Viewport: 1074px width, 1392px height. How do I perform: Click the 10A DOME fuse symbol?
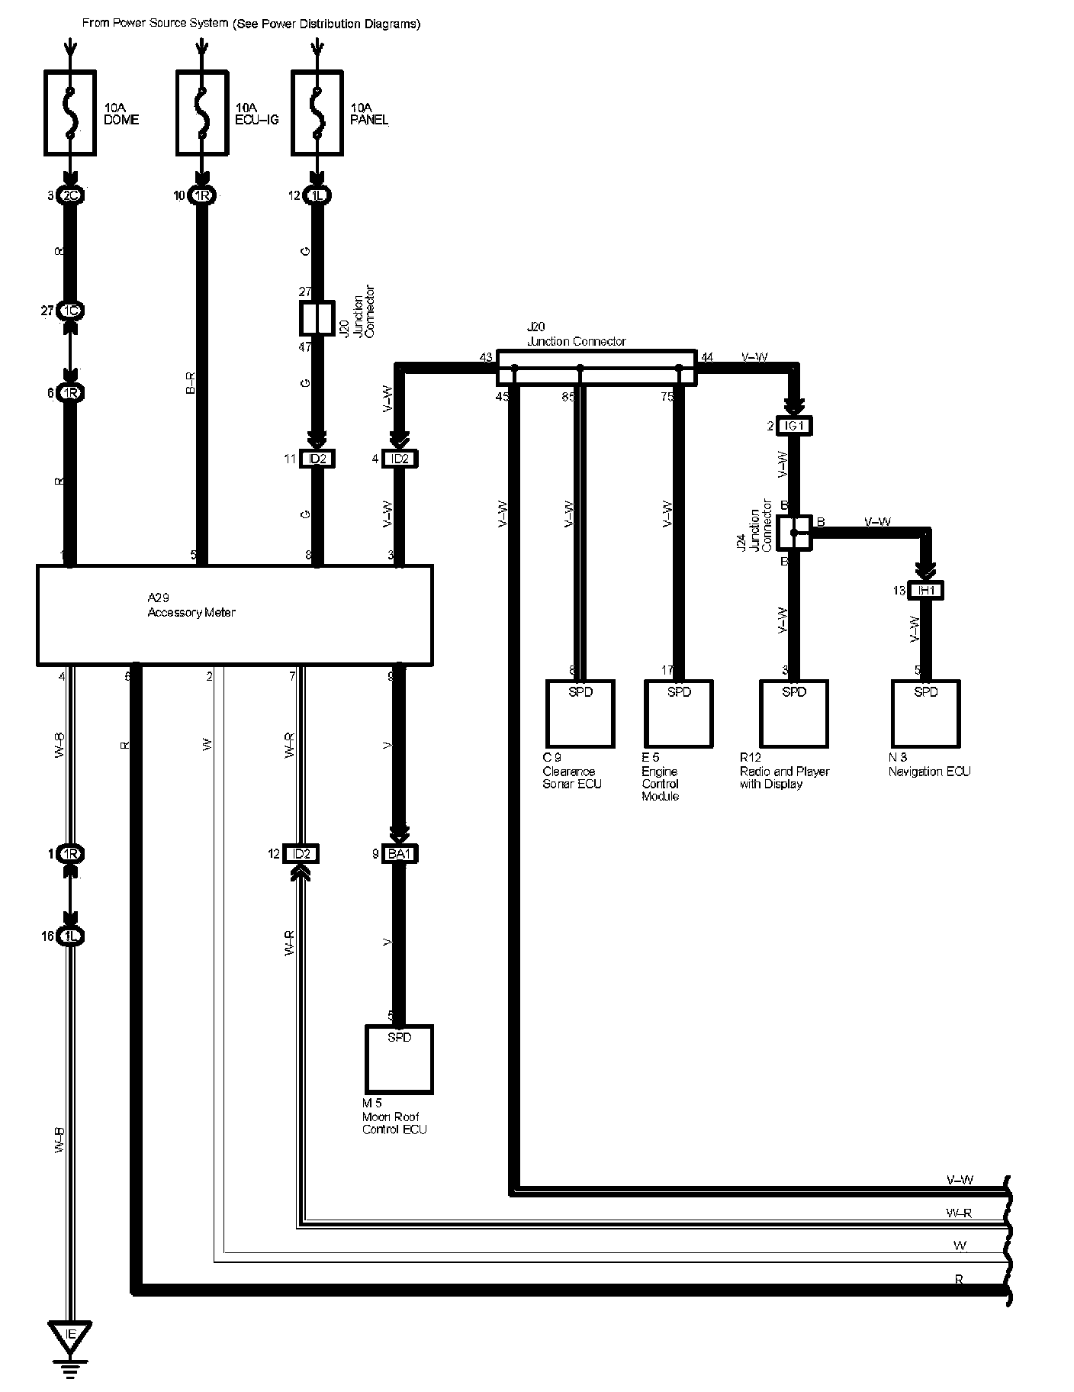click(70, 113)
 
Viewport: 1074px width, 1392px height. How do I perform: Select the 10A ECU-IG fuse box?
click(201, 113)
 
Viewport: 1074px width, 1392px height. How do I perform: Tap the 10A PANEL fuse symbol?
click(317, 113)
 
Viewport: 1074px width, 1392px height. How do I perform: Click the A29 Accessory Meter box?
click(235, 614)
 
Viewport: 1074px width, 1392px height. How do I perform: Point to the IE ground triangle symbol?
click(70, 1334)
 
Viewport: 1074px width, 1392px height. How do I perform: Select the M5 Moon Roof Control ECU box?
click(399, 1058)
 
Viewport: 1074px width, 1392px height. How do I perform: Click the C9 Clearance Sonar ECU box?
click(580, 714)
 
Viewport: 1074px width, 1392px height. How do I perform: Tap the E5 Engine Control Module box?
click(679, 714)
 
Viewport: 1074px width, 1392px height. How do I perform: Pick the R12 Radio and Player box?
click(794, 714)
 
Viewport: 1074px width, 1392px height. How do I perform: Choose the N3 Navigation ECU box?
click(925, 714)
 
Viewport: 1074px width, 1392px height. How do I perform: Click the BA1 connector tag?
click(400, 854)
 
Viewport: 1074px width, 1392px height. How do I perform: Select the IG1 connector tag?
click(794, 426)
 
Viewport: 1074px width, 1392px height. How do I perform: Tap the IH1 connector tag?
click(926, 591)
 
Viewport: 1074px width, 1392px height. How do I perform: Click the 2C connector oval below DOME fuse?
click(70, 196)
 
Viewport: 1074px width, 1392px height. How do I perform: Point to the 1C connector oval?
click(70, 311)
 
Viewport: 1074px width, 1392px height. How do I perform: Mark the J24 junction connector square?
click(794, 532)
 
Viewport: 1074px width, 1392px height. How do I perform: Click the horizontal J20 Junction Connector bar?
click(596, 368)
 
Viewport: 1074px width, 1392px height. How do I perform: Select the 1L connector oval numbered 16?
click(70, 936)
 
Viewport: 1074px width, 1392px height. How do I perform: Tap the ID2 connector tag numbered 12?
click(301, 854)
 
